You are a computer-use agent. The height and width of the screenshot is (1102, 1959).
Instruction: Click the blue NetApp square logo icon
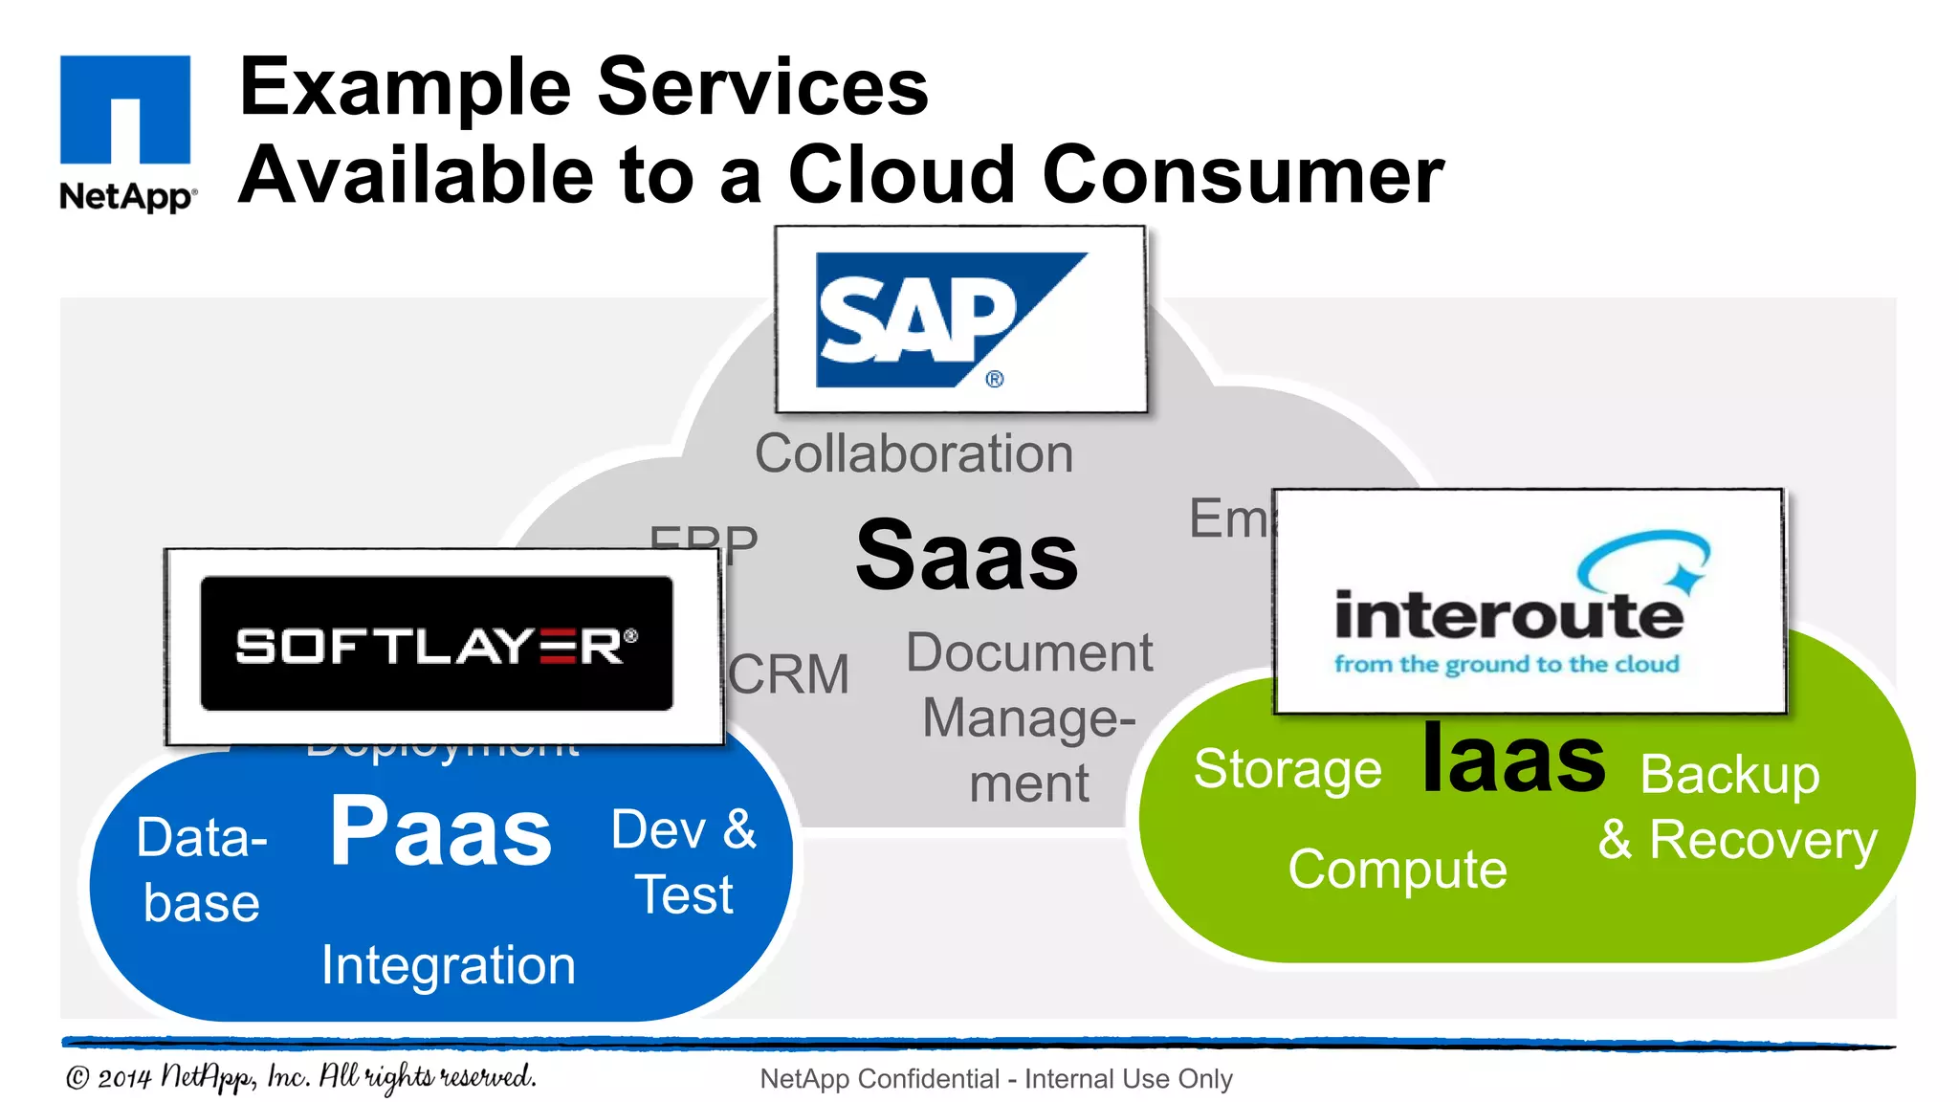coord(125,109)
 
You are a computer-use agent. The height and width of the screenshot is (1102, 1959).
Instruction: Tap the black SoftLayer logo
coord(436,644)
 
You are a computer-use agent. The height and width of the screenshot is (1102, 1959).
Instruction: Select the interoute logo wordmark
coord(1508,615)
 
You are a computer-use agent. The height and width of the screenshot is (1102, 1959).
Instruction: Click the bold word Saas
coord(966,556)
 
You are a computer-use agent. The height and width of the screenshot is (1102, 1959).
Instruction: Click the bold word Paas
coord(441,833)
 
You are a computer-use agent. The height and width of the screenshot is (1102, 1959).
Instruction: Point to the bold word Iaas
coord(1513,760)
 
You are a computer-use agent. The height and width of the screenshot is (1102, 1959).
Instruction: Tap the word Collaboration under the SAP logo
coord(913,453)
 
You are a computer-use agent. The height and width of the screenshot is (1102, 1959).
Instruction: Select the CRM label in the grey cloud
coord(789,674)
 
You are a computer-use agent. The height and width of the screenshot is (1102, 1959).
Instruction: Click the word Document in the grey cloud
coord(1029,653)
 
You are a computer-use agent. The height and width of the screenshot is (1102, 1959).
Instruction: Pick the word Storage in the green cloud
coord(1288,769)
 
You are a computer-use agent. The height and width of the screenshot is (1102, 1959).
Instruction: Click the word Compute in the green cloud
coord(1397,870)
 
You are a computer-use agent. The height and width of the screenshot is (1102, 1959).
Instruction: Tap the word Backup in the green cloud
coord(1729,774)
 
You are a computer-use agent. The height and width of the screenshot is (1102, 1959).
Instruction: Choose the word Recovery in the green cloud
coord(1763,841)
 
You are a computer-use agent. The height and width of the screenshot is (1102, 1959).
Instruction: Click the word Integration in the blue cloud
coord(448,965)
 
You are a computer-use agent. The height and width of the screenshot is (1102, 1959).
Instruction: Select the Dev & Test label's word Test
coord(685,896)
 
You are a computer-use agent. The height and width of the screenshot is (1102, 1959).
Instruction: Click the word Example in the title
coord(406,87)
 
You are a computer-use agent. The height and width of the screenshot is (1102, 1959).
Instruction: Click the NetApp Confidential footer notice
coord(996,1079)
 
